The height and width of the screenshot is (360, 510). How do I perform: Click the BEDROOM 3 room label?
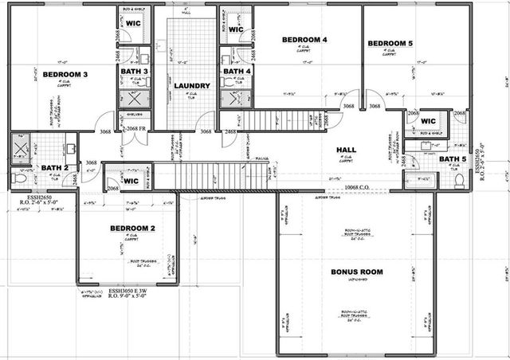click(x=65, y=74)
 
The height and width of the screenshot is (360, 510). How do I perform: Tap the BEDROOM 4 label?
click(x=304, y=39)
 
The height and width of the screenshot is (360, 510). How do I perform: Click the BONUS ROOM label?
click(x=357, y=272)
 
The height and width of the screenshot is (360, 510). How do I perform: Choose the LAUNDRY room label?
click(x=191, y=86)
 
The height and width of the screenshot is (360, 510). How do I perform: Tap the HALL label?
click(x=347, y=149)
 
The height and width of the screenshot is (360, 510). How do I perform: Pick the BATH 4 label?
click(x=237, y=71)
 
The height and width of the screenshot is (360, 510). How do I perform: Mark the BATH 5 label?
click(x=453, y=158)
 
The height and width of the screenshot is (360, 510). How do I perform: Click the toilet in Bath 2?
click(x=21, y=178)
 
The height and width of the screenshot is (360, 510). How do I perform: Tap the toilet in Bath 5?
click(x=460, y=179)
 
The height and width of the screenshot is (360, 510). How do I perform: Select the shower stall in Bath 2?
click(x=20, y=149)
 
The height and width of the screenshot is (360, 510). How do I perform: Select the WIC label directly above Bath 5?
click(x=428, y=121)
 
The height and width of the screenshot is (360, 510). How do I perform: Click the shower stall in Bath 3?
click(x=132, y=99)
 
